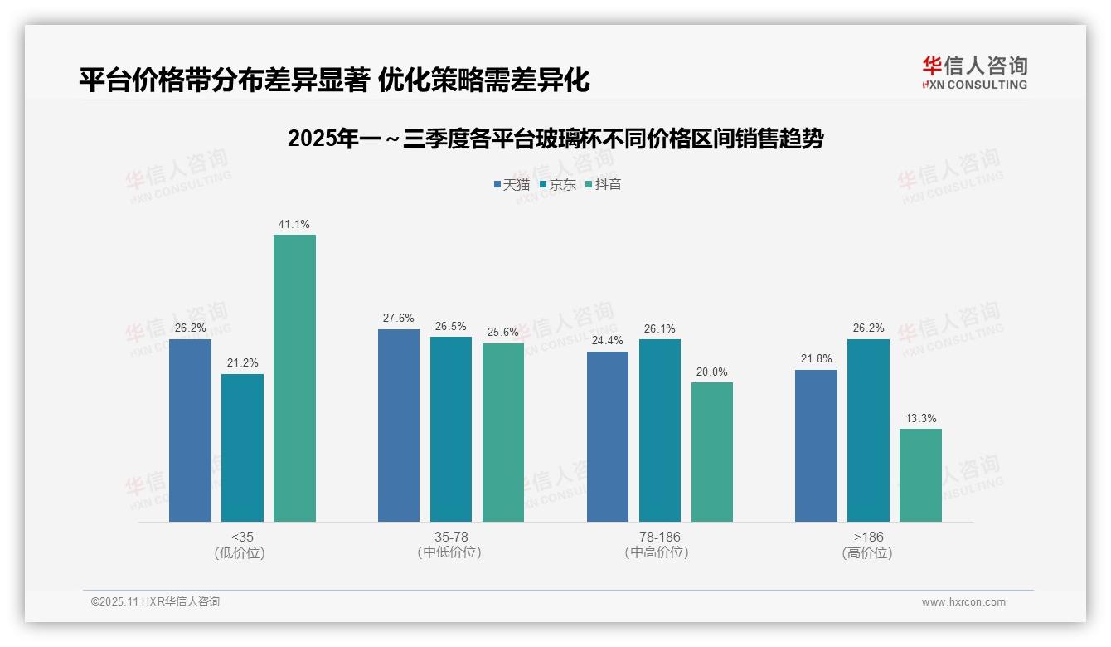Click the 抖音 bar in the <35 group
click(x=294, y=378)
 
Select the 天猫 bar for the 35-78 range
click(x=399, y=426)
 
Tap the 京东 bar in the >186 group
click(x=868, y=431)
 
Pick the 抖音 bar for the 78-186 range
click(x=712, y=452)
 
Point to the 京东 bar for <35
click(x=242, y=448)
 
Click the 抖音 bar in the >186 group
click(x=920, y=475)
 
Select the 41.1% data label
click(x=294, y=224)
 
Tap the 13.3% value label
click(x=920, y=418)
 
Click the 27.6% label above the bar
click(x=399, y=319)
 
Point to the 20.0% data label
click(x=712, y=372)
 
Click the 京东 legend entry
click(x=557, y=184)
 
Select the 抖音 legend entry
click(x=604, y=184)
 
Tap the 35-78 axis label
click(x=451, y=537)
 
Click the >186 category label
click(x=868, y=537)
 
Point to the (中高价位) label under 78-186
click(x=659, y=552)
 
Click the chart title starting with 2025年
click(x=555, y=139)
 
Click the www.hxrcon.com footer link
click(x=963, y=602)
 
